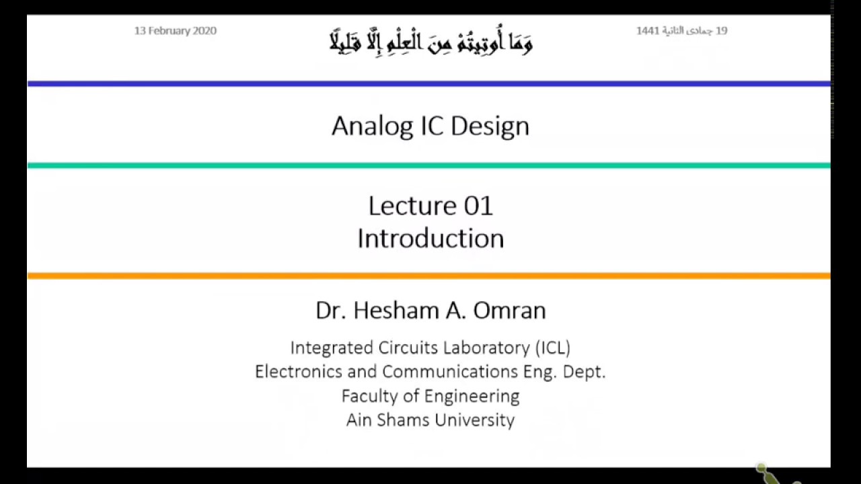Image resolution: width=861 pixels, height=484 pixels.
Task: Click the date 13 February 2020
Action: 175,31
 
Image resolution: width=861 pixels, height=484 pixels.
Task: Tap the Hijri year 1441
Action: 648,31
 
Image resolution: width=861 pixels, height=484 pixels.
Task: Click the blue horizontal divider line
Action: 430,84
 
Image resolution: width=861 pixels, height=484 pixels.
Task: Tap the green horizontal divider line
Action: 430,165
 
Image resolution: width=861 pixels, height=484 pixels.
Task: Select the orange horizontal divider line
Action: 430,276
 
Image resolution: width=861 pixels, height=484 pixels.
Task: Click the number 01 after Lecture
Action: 478,206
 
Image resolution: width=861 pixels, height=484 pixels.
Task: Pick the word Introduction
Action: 430,239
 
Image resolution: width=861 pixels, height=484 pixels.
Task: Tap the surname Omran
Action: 509,310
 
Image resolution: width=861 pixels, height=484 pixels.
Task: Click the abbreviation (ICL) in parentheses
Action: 552,348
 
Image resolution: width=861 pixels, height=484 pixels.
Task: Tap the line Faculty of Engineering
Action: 430,396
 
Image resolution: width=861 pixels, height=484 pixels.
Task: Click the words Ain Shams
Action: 387,420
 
